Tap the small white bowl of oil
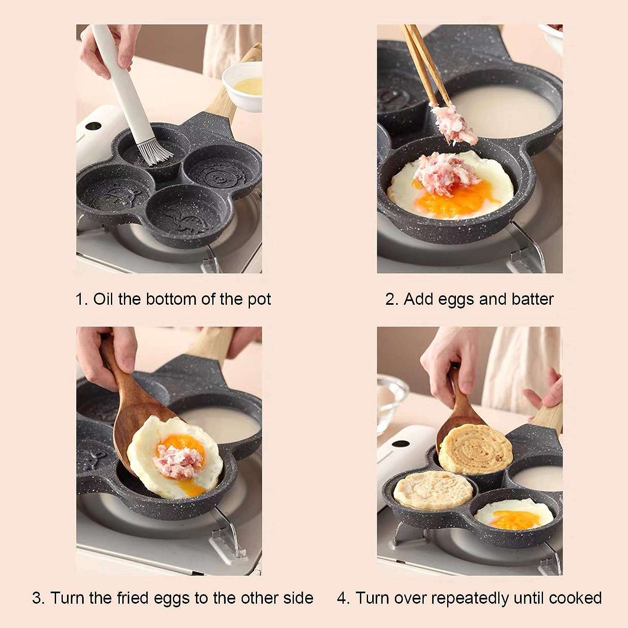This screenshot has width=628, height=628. coord(242,86)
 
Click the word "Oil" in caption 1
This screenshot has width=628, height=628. coord(103,299)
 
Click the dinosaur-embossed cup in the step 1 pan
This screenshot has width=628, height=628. coord(186,214)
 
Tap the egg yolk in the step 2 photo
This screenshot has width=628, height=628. coord(452,199)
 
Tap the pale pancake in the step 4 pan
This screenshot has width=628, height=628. coord(433,490)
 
